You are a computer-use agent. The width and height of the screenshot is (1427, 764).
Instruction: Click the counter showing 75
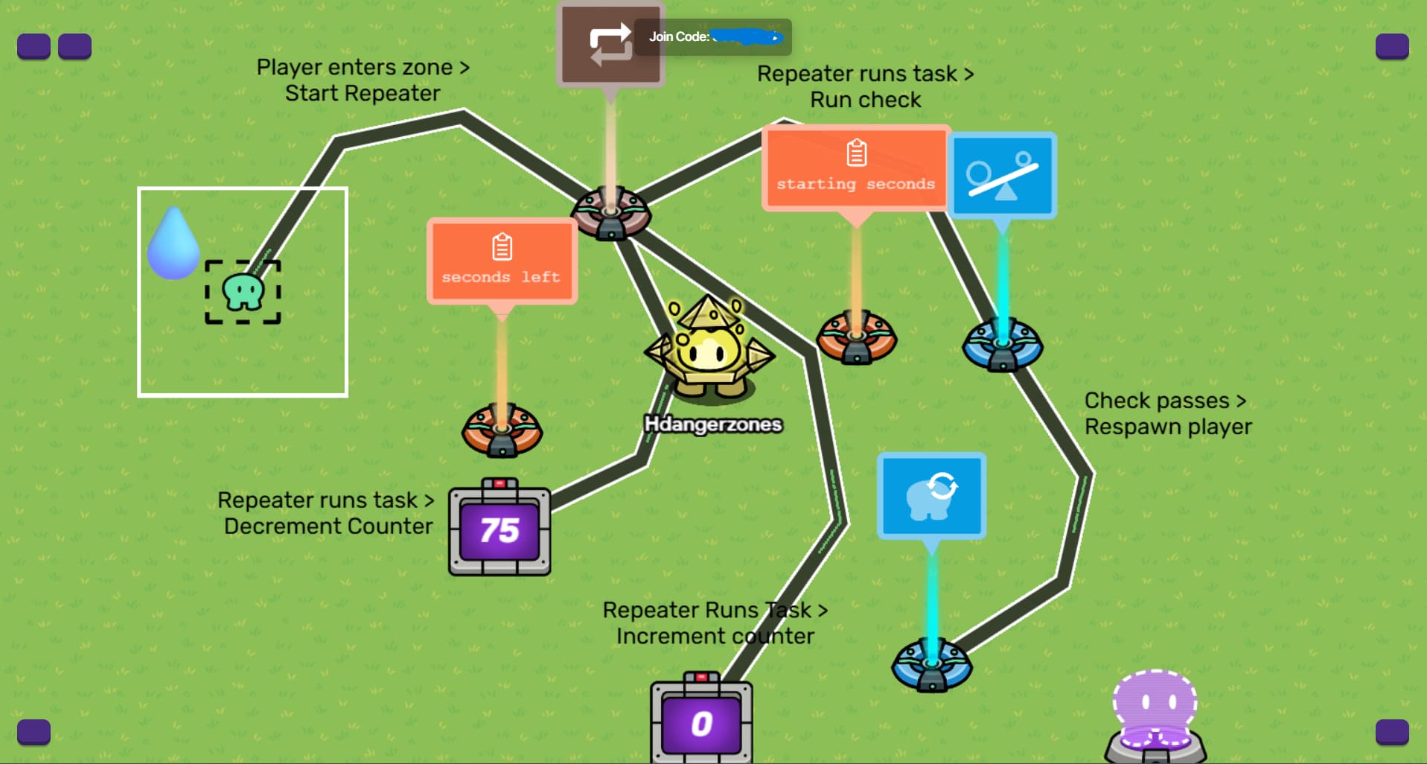pos(499,529)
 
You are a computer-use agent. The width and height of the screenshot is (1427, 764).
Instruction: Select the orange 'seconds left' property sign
pos(502,261)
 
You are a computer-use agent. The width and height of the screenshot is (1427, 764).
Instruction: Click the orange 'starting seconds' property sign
pos(855,168)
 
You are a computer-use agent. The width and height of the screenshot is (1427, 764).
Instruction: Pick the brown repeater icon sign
pos(610,45)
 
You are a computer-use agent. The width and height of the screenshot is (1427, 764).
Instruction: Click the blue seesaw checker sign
pos(1002,176)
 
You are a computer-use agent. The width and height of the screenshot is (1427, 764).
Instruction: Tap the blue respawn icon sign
pos(931,495)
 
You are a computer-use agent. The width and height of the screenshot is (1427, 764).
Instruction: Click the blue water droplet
pos(173,243)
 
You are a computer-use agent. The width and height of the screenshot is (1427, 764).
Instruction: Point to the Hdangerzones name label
pos(713,424)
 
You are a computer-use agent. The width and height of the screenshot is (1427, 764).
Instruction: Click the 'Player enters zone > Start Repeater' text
pos(363,80)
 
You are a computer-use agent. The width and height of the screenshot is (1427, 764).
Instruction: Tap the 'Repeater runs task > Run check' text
pos(865,86)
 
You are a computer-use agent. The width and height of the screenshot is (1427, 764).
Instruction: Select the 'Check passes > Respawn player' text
pos(1167,413)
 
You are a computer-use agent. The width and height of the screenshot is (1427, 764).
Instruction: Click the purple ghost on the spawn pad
pos(1155,704)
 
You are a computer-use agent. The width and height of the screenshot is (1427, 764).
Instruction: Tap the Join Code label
pos(678,36)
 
